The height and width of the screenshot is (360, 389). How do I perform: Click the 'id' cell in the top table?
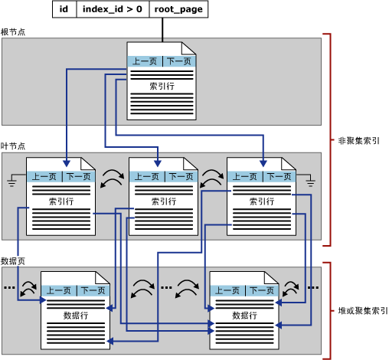(64, 9)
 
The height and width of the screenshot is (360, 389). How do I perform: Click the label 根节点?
(13, 32)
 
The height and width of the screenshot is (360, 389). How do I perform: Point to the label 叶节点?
(13, 146)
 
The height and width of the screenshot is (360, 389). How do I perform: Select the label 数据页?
(13, 261)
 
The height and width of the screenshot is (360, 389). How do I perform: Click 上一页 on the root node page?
(144, 62)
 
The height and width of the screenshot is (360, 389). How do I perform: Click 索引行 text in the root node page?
(161, 87)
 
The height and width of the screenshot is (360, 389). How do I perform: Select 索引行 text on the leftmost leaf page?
(60, 201)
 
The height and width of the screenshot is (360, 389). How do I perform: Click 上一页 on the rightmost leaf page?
(244, 177)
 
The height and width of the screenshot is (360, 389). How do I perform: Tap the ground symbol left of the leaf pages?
(13, 181)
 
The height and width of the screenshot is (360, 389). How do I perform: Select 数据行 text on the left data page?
(76, 315)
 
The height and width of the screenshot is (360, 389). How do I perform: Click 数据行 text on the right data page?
(244, 315)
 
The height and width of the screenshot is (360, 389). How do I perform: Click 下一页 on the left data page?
(93, 290)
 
